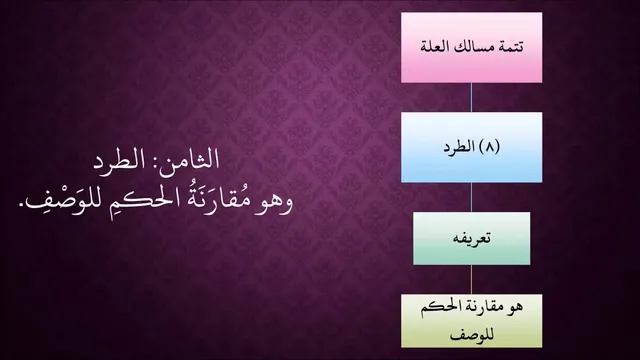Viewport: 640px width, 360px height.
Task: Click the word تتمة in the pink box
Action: (x=512, y=47)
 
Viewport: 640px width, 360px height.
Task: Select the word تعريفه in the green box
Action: (x=471, y=238)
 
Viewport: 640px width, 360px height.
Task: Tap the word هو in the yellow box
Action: (x=515, y=307)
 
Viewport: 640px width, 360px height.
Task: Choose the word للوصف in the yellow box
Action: (x=472, y=334)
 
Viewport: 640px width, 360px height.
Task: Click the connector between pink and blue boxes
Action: (x=471, y=97)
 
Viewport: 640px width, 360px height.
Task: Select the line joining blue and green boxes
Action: (x=471, y=197)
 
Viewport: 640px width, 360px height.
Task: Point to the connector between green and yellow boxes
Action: (x=471, y=280)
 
